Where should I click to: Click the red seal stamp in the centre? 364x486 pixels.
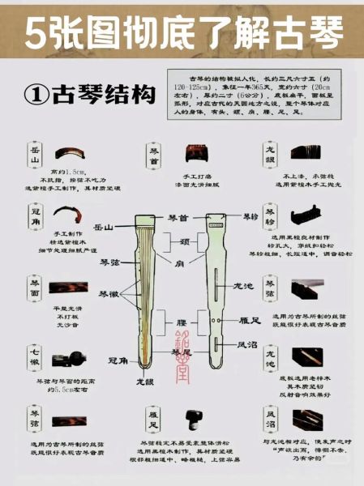tap(182, 341)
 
